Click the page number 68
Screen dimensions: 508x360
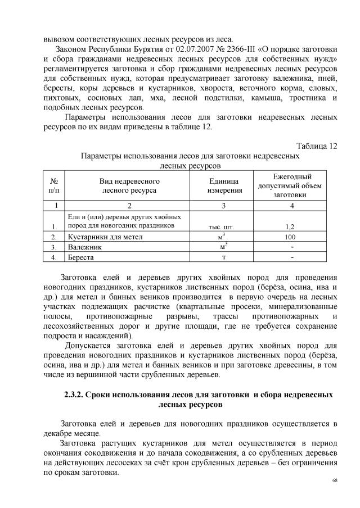(x=335, y=480)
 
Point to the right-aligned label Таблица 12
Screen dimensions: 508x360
(x=317, y=146)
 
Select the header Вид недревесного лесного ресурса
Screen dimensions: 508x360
(x=129, y=186)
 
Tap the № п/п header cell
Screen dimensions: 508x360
(x=55, y=186)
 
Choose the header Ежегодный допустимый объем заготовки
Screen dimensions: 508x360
(x=292, y=186)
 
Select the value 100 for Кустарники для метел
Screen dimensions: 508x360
(x=292, y=237)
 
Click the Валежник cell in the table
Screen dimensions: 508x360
(x=84, y=247)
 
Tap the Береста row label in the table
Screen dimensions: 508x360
(x=82, y=257)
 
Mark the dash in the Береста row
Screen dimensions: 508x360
(x=292, y=257)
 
